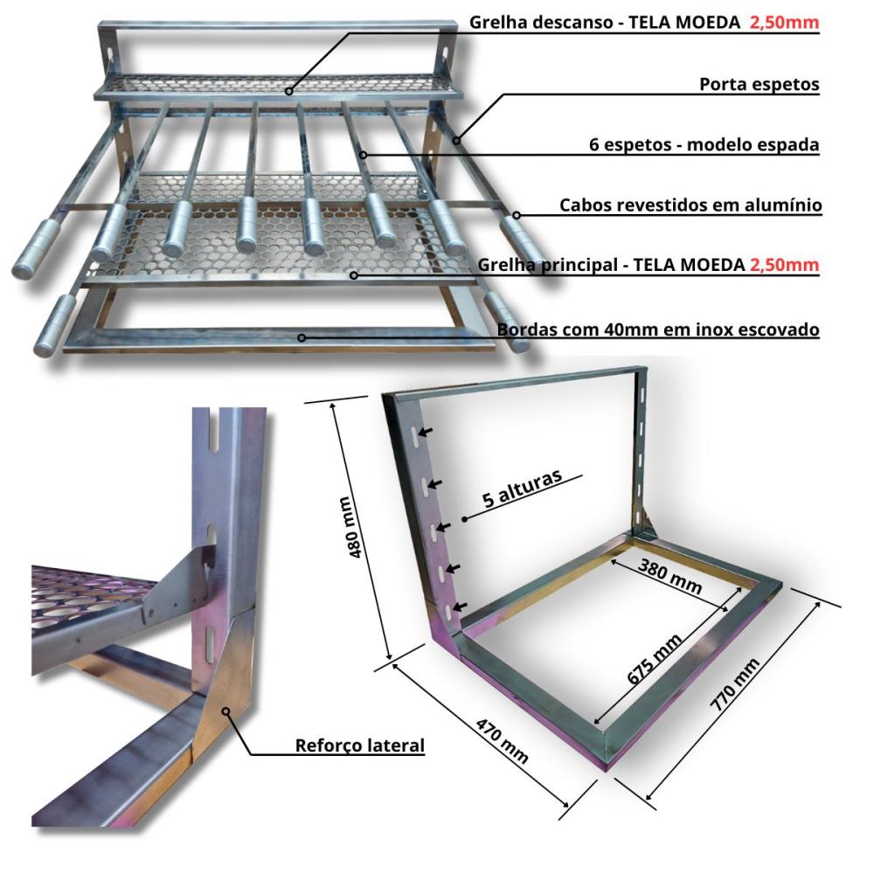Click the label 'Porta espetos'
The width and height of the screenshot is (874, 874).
click(760, 84)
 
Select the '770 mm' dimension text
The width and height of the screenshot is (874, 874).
click(735, 684)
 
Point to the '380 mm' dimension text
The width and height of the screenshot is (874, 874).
click(669, 576)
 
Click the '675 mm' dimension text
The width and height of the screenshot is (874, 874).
click(655, 659)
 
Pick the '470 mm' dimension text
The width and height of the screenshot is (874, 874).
click(503, 739)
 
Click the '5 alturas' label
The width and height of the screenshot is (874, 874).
click(522, 489)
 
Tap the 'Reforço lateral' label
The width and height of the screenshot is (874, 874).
click(359, 746)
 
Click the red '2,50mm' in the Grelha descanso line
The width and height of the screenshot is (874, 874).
click(784, 23)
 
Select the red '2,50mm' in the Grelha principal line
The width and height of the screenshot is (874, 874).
click(784, 264)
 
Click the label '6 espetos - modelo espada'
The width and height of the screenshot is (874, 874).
click(704, 144)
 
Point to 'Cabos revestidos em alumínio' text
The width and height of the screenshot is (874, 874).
click(690, 205)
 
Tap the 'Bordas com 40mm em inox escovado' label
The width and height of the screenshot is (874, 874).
click(658, 329)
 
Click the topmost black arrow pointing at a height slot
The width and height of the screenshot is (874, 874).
click(426, 432)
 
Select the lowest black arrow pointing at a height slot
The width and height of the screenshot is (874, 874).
click(460, 607)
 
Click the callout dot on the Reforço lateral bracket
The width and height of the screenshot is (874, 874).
click(225, 711)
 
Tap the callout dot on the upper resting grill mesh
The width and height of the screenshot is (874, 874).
click(288, 91)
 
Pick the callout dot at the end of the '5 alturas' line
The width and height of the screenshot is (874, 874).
click(465, 519)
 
